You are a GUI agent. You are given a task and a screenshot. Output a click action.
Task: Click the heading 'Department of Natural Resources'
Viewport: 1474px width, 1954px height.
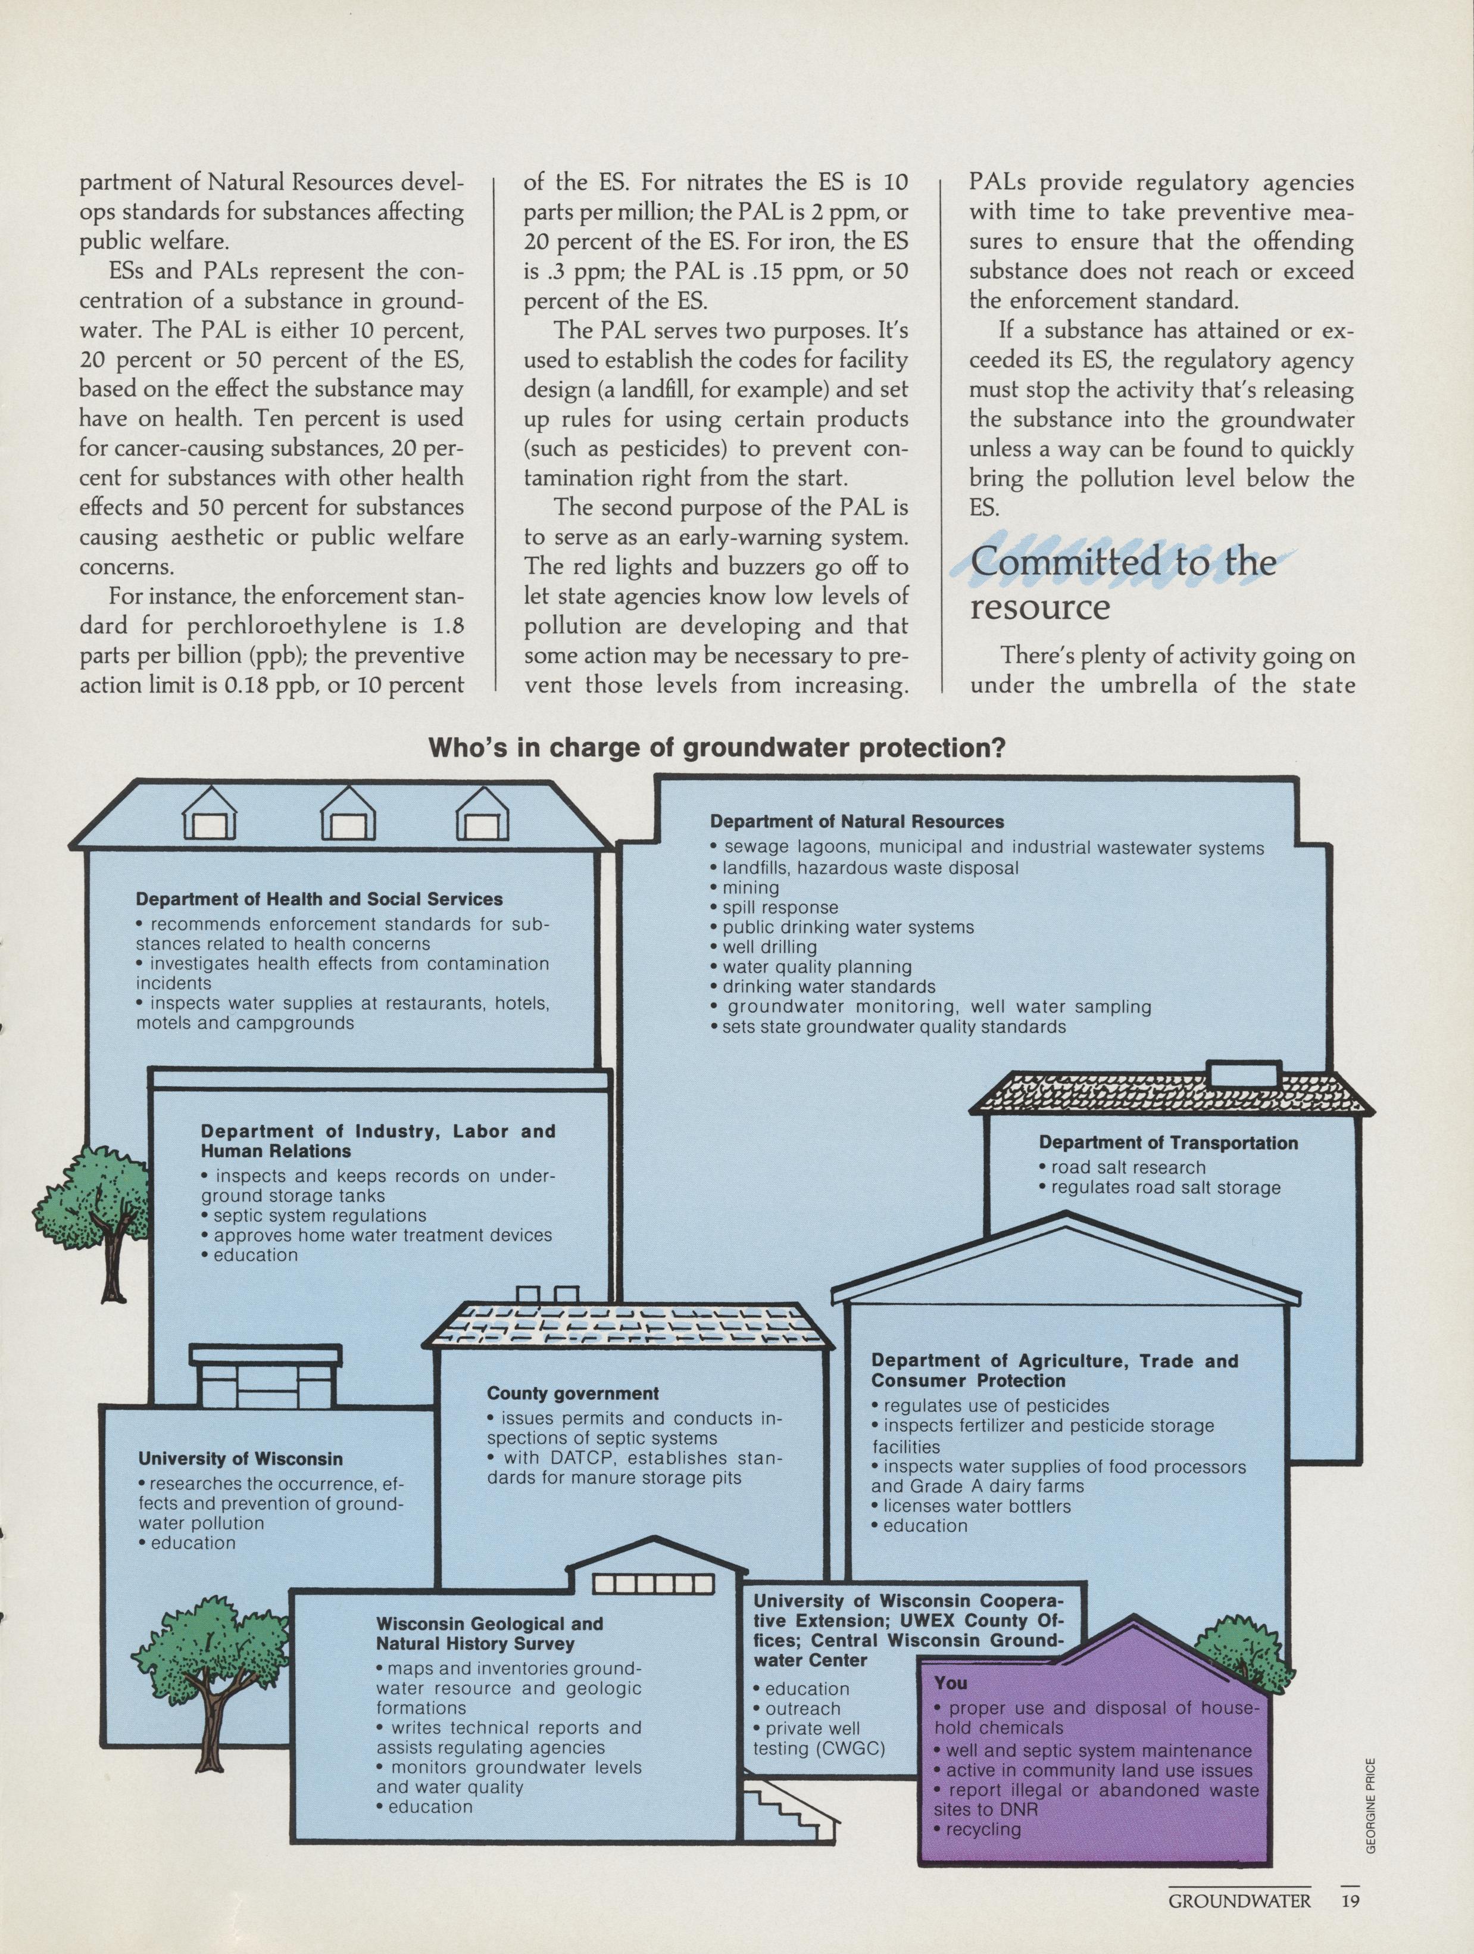(857, 821)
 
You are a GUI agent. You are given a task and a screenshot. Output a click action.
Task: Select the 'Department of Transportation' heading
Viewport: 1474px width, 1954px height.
(1167, 1143)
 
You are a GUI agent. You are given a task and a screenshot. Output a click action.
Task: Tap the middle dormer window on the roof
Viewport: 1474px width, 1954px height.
(348, 817)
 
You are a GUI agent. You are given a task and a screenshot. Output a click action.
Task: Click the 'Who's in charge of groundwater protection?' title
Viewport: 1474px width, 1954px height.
(716, 748)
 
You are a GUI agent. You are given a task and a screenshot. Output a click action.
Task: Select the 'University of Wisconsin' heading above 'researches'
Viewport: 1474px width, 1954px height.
(241, 1459)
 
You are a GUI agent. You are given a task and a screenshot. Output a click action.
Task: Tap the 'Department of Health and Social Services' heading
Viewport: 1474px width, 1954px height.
(319, 899)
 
